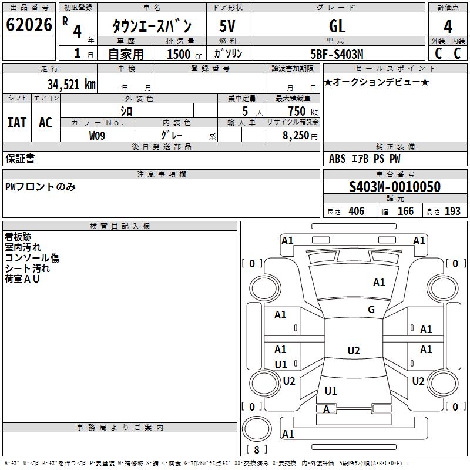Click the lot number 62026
(29, 25)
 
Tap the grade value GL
(337, 26)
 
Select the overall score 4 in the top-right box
(448, 27)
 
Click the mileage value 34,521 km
(71, 84)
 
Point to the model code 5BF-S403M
(337, 54)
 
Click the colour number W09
(98, 136)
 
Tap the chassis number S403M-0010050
(395, 187)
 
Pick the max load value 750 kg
(297, 111)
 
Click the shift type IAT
(16, 122)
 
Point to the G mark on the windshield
(371, 310)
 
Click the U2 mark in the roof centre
(353, 351)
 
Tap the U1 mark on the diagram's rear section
(331, 391)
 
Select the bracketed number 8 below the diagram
(257, 449)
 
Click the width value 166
(405, 211)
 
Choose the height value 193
(452, 211)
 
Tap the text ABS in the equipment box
(337, 159)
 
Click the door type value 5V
(228, 26)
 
